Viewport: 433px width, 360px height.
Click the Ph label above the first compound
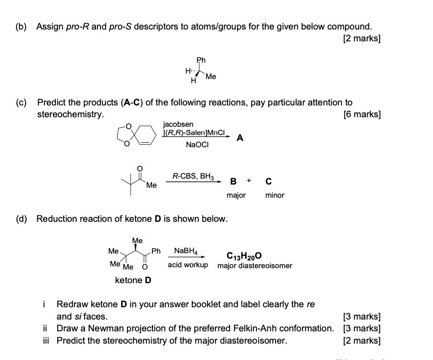(201, 60)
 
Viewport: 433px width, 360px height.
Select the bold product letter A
(240, 139)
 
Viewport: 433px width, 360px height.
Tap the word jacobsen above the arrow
(178, 124)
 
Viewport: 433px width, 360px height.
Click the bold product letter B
(233, 182)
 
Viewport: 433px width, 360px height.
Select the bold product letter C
(268, 182)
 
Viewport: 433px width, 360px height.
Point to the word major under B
(236, 195)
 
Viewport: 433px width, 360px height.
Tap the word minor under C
(274, 195)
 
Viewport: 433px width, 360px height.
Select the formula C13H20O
(243, 256)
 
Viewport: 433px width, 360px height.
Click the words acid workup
(188, 265)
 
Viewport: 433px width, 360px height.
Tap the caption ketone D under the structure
(133, 280)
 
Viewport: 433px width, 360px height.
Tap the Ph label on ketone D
(156, 250)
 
